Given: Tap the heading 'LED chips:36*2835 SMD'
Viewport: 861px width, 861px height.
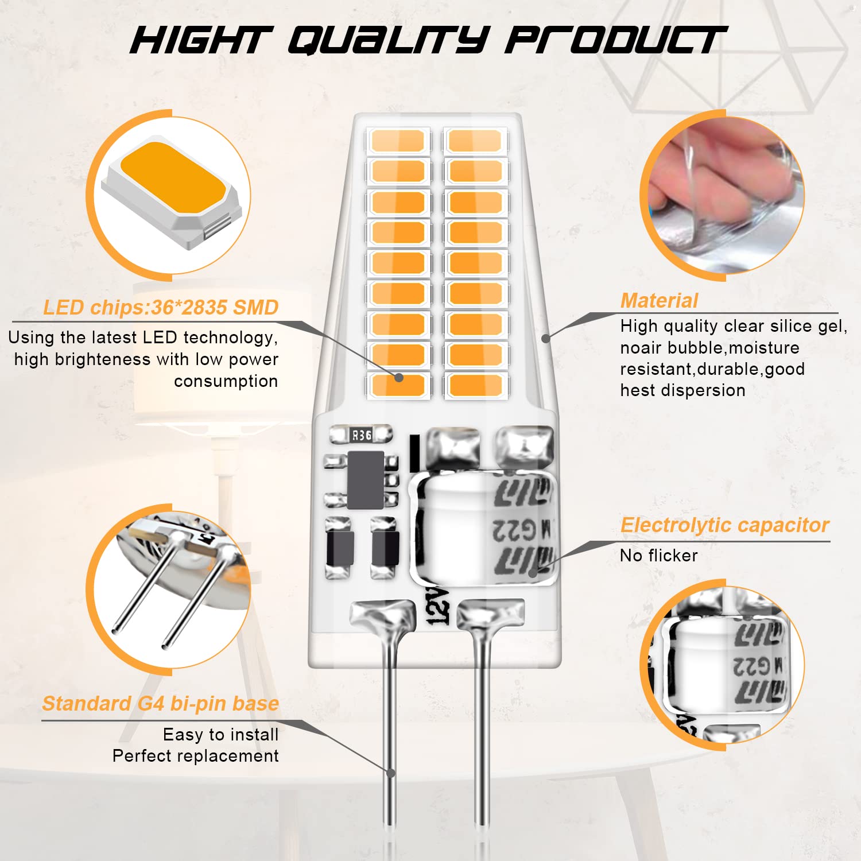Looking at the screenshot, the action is [161, 308].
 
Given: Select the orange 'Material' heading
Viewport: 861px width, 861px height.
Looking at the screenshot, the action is [659, 300].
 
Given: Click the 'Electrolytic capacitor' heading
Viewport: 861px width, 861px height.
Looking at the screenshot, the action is [724, 525].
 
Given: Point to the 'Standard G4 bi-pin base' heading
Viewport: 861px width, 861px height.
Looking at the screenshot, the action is [161, 703].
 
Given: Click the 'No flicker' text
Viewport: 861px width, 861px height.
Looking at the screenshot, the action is [659, 555].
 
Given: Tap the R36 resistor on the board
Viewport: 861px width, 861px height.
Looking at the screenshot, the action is [362, 435].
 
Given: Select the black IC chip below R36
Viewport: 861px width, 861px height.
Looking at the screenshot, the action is [366, 480].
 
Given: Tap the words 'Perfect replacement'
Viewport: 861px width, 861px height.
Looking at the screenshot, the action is [195, 756].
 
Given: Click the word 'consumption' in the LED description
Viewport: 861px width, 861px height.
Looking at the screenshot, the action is [226, 381].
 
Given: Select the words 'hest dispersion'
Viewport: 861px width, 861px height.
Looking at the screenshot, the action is [682, 390].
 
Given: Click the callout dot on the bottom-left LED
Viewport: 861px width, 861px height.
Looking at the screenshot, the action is [399, 377].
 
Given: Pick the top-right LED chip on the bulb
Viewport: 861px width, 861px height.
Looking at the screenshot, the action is [475, 141].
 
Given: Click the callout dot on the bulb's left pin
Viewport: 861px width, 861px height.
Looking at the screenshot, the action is [391, 773].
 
